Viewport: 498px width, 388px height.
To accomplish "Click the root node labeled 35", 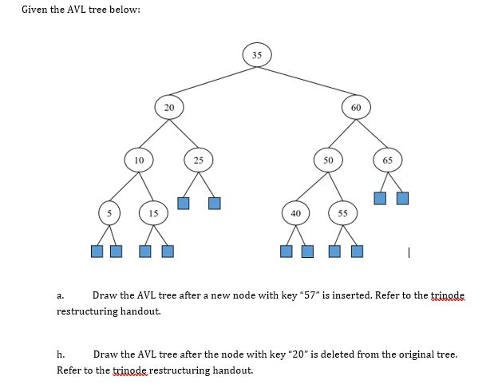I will pos(256,55).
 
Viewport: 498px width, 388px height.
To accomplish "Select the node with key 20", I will pos(168,107).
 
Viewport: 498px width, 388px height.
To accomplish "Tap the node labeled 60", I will pos(356,107).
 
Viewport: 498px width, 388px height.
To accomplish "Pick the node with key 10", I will pos(139,160).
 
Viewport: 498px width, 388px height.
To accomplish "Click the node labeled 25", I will pos(198,160).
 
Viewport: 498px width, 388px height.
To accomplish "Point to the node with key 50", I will pos(327,160).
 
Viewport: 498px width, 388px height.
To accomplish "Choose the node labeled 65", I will pos(387,160).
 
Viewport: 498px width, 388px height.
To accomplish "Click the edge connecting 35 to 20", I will pos(212,81).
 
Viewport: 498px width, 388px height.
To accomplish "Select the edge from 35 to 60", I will pos(306,81).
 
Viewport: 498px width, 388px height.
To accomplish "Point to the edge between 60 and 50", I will pos(342,133).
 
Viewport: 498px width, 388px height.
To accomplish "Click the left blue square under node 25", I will pos(184,203).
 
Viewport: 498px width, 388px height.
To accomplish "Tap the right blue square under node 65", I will pos(402,197).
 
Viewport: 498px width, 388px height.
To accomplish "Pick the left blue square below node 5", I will pos(97,251).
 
